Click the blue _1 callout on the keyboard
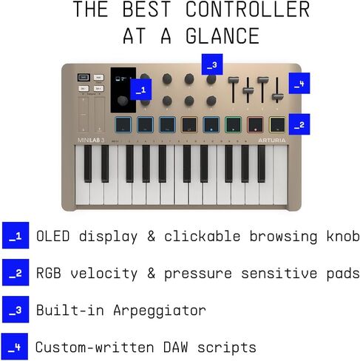[140, 90]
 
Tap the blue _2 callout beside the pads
[299, 124]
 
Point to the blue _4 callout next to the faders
[298, 84]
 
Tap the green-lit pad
[234, 124]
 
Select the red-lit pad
[256, 124]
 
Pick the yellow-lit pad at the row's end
[278, 124]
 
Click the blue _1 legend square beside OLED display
[15, 237]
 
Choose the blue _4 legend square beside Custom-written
[15, 346]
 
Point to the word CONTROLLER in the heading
[247, 10]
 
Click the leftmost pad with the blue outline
[123, 124]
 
